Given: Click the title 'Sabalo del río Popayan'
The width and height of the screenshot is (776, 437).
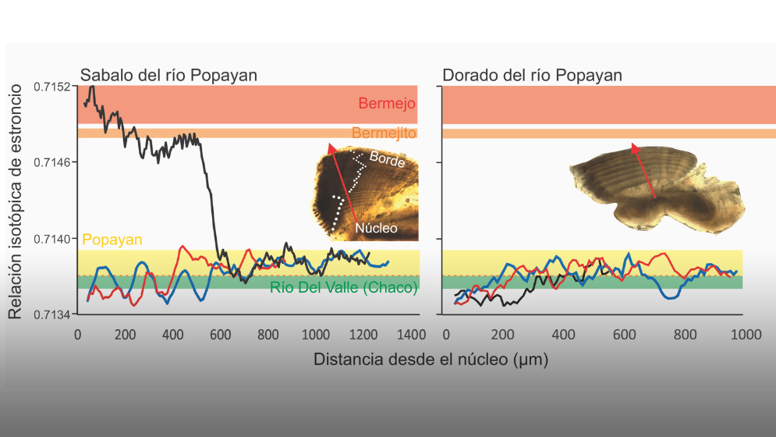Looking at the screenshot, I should point(168,75).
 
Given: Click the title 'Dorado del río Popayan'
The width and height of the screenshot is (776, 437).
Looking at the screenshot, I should point(532,75).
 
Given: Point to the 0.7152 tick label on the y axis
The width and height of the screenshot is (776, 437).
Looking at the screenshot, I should point(52,87).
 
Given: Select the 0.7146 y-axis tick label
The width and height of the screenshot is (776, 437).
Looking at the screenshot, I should point(52,162).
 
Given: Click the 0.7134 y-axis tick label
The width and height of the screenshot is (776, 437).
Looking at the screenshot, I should point(52,314).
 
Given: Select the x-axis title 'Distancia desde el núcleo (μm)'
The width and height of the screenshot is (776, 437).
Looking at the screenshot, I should point(431,360).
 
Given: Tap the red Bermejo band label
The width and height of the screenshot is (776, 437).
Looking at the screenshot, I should point(387,104).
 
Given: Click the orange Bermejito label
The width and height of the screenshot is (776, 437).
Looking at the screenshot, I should point(384,133).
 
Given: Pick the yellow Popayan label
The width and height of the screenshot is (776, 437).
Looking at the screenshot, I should point(112,240).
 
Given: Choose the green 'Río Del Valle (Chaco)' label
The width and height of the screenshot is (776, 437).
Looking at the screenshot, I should point(343,287).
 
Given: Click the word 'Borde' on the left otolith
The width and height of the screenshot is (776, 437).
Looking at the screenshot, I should point(387,158).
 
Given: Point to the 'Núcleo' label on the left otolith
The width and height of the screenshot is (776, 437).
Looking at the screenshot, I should point(377,228).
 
